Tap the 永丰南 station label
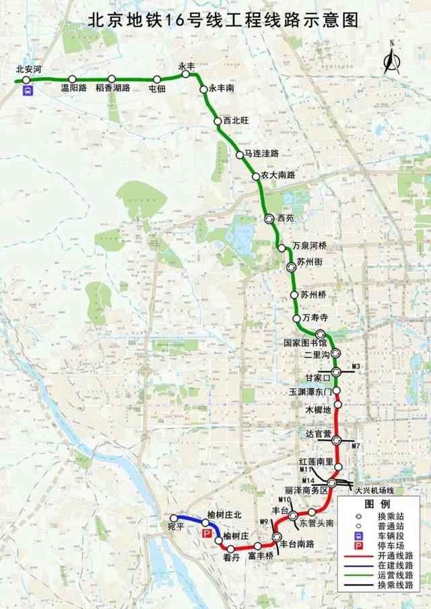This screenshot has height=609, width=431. tap(223, 88)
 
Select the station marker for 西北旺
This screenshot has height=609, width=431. tap(218, 121)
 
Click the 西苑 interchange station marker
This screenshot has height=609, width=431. tap(270, 218)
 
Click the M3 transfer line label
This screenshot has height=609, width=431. tap(358, 365)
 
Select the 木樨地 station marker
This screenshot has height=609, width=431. tap(338, 406)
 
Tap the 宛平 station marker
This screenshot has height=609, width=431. tap(174, 518)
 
